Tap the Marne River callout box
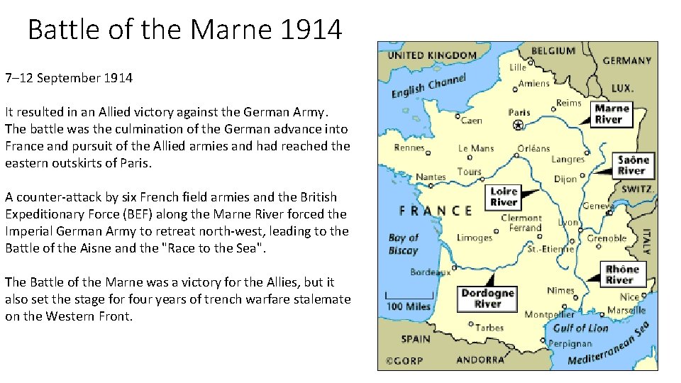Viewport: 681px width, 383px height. [x=611, y=114]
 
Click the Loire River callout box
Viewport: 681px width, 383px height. [x=504, y=196]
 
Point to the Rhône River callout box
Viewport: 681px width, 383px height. [x=621, y=274]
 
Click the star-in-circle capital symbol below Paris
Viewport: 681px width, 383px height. [x=518, y=126]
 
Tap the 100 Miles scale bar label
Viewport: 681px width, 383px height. [x=408, y=306]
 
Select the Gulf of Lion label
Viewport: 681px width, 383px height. [x=580, y=328]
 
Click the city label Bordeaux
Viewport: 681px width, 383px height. [x=430, y=272]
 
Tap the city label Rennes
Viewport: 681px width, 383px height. [x=409, y=148]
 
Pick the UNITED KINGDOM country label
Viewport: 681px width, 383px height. [x=431, y=55]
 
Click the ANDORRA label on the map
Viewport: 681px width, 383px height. [x=480, y=360]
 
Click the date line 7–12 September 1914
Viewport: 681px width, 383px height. [x=69, y=78]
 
